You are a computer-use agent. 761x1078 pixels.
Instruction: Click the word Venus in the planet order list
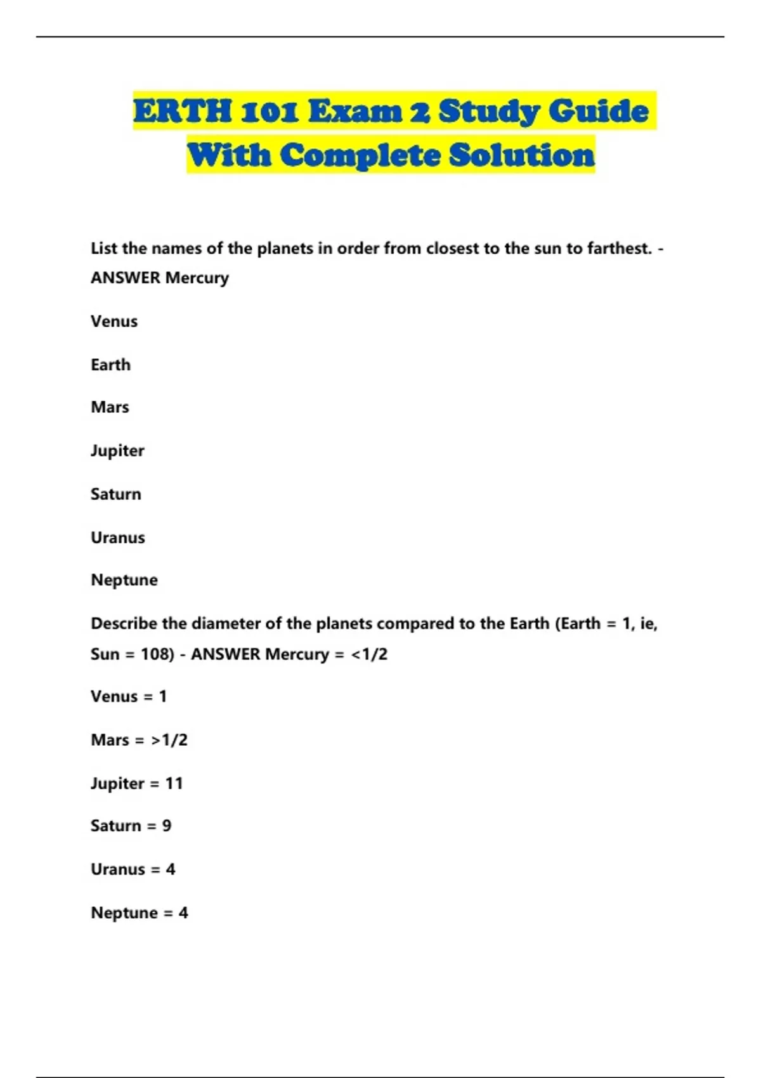click(x=114, y=321)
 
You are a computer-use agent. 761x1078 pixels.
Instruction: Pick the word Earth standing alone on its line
click(x=110, y=365)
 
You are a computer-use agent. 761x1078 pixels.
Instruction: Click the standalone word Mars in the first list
click(x=110, y=407)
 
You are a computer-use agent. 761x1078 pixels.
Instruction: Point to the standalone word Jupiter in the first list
click(x=117, y=451)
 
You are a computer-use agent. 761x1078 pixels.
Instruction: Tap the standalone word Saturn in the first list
click(x=115, y=494)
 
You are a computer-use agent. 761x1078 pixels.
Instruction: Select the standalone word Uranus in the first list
click(x=117, y=538)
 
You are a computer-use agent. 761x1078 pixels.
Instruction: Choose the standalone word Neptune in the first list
click(x=124, y=580)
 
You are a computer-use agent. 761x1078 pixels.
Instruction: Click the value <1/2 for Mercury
click(x=369, y=654)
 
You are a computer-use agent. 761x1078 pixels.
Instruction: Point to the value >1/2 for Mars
click(x=169, y=740)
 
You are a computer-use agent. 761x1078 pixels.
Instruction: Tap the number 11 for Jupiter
click(x=174, y=784)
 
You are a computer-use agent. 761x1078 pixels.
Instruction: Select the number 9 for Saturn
click(x=167, y=826)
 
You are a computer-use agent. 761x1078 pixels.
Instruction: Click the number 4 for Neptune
click(x=183, y=913)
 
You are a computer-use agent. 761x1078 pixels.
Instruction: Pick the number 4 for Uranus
click(x=171, y=869)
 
